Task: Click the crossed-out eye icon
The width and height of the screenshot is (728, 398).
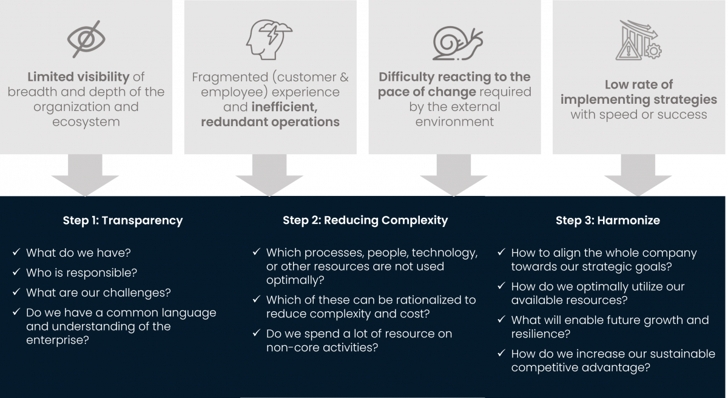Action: coord(86,39)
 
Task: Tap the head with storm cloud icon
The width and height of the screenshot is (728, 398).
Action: coord(269,39)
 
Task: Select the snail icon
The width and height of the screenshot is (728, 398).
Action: coord(457,44)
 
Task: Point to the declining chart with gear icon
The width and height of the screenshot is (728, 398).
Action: coord(639,40)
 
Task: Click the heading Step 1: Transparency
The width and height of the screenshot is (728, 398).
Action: coord(123,220)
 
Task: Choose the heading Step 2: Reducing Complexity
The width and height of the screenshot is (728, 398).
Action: coord(365,220)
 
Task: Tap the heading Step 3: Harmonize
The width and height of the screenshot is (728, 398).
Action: coord(608,220)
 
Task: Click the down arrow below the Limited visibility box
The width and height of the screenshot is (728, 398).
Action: coord(85,175)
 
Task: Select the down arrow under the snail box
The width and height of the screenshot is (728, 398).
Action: coord(454,175)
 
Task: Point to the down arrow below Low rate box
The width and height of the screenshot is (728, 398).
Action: coord(638,175)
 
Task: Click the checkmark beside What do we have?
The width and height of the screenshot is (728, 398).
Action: coord(16,252)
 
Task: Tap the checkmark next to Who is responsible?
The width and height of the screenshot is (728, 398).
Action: coord(16,272)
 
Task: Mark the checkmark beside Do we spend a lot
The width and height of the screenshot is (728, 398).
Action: coord(257,333)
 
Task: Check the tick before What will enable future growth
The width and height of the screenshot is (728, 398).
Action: coord(502,319)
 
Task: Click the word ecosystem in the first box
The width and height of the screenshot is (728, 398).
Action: coord(86,122)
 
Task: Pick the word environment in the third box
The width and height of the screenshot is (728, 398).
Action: coord(454,122)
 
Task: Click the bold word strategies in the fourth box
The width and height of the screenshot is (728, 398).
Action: coord(685,99)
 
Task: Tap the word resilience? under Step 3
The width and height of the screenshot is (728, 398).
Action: coord(541,334)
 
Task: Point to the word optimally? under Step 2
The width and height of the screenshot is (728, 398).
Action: coord(295,280)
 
